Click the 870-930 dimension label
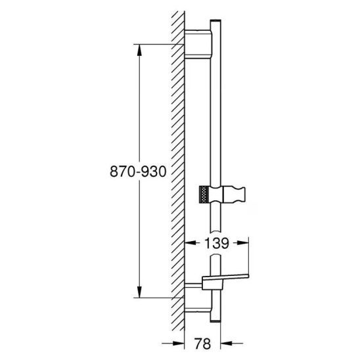pos(138,171)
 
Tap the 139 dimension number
pos(217,243)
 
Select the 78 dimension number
pos(202,344)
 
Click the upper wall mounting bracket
pos(198,44)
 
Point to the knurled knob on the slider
pos(204,194)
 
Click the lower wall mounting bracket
pos(198,310)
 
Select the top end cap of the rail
pos(215,21)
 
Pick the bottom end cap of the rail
pos(215,321)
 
